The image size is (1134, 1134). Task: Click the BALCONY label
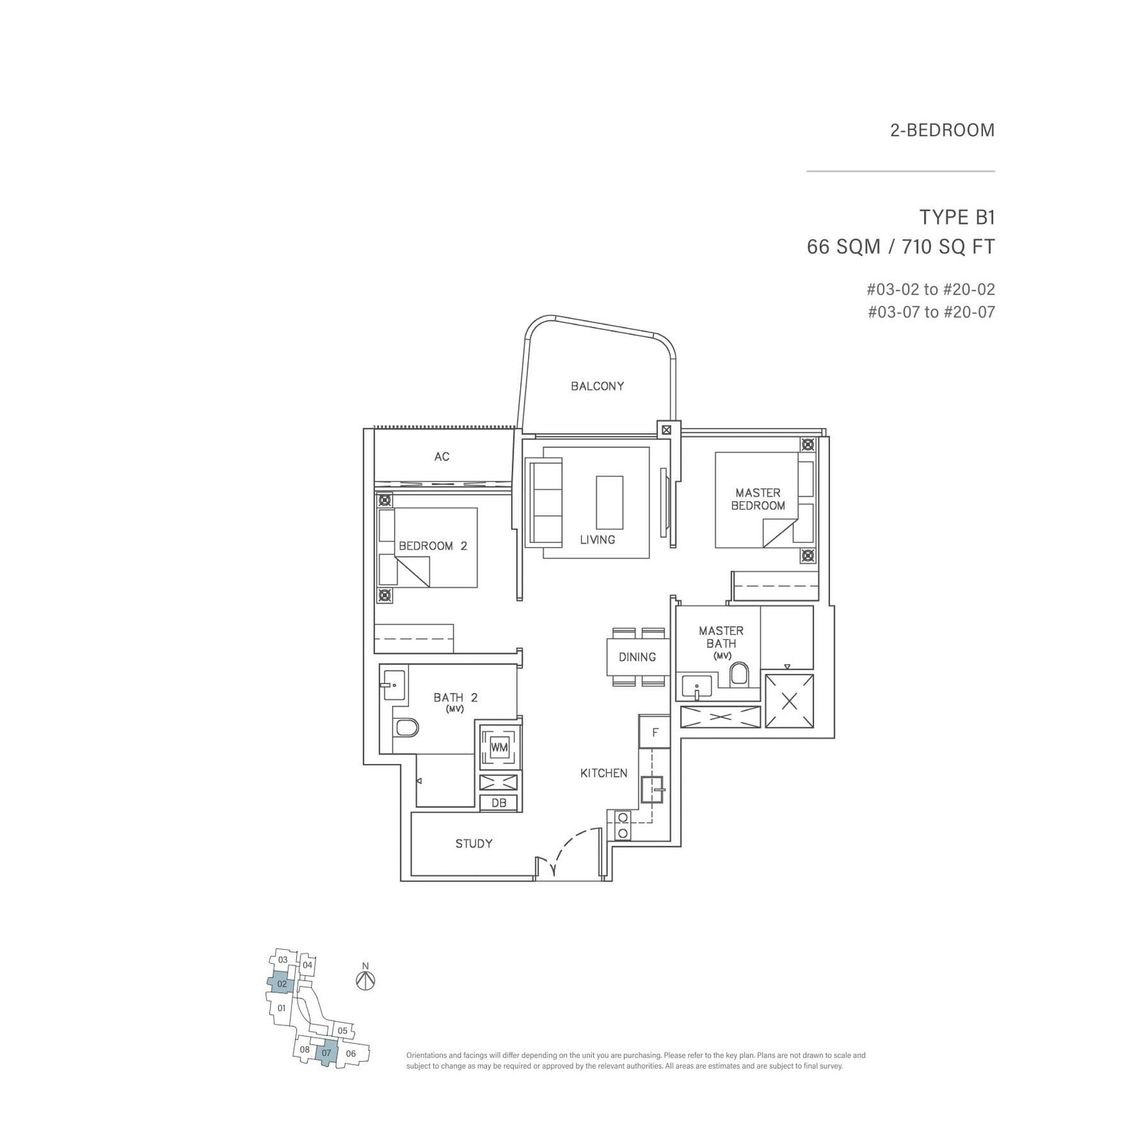597,386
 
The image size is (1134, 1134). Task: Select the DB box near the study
499,803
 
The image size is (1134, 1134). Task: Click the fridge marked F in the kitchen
655,732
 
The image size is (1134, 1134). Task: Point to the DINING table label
636,657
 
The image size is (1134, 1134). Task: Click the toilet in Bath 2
407,727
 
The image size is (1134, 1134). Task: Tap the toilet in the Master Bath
739,674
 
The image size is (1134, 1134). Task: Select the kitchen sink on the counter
652,788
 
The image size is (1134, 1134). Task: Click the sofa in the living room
544,502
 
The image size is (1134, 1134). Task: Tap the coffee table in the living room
610,502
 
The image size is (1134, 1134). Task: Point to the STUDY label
473,843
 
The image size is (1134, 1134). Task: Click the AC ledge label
442,456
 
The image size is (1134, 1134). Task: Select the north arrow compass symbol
365,980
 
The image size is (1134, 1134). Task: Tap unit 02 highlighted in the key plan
281,984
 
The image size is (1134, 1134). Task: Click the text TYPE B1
956,217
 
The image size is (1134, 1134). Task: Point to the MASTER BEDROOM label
758,499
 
